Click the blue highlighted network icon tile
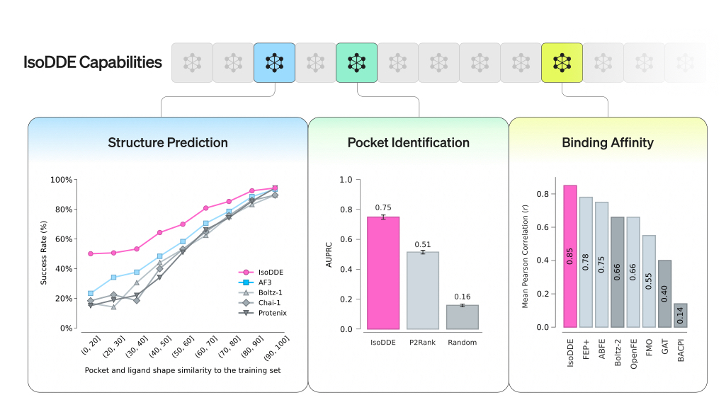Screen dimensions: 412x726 coord(274,62)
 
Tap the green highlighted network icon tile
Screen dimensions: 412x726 coord(356,62)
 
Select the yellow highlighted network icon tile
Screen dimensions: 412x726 coord(562,62)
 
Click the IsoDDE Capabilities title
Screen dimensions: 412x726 coord(93,62)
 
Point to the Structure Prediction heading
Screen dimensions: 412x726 coord(168,142)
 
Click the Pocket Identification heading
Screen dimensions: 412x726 coord(408,142)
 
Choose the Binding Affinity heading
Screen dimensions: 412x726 coord(607,142)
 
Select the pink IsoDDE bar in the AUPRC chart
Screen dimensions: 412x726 coord(383,273)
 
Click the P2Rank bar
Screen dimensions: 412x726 coord(424,290)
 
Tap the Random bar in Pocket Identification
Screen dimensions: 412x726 coord(463,316)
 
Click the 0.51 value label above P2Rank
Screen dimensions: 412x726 coord(423,245)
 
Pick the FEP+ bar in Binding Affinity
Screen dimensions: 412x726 coord(586,262)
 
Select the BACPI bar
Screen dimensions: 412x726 coord(681,316)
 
